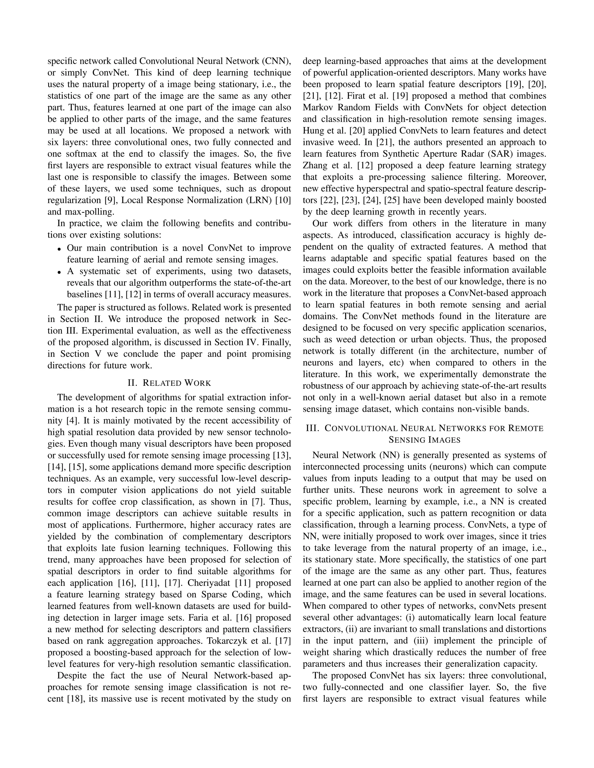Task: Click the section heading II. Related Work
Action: click(169, 383)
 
